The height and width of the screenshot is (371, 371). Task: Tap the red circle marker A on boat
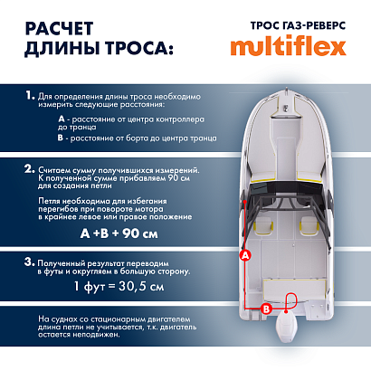[x=243, y=256]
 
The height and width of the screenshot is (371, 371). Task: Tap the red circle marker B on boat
[x=265, y=309]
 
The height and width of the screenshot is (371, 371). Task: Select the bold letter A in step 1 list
[x=60, y=119]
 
